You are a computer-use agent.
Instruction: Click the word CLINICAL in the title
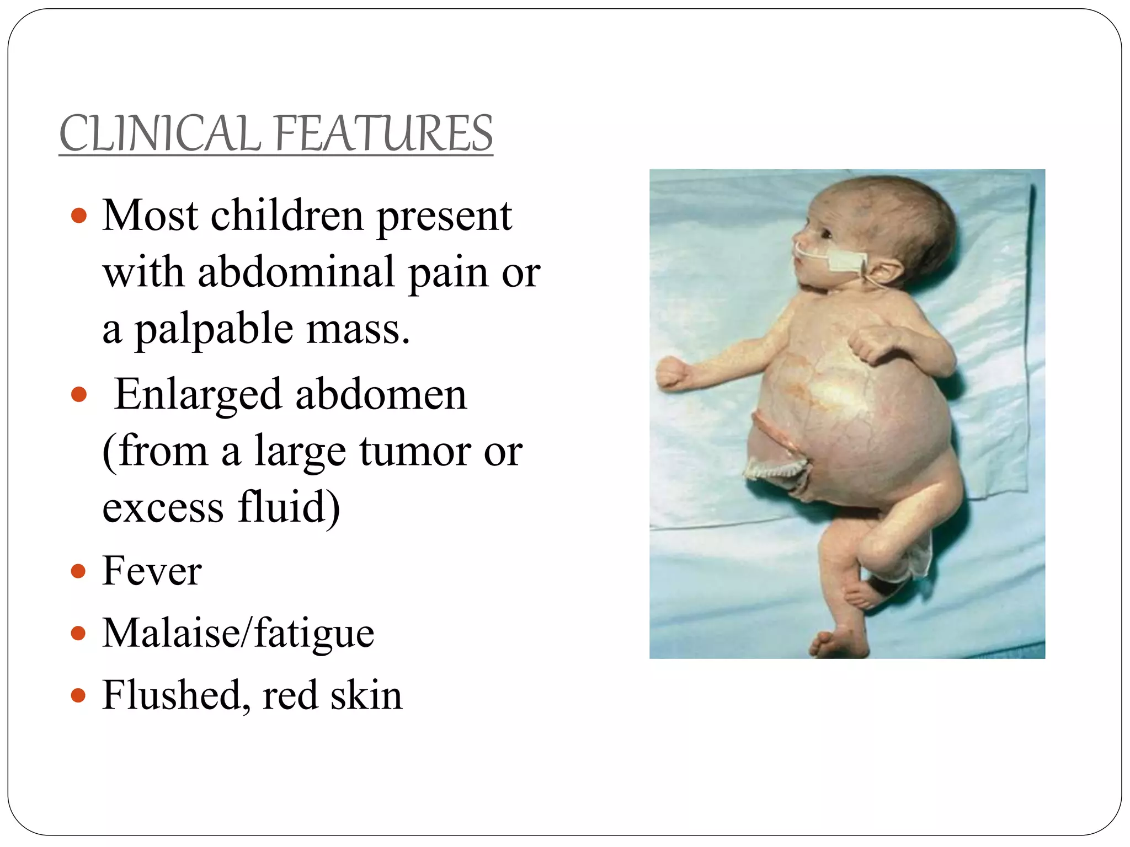tap(159, 133)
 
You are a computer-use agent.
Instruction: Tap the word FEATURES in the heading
tap(382, 133)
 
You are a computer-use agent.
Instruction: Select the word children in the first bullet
tap(287, 216)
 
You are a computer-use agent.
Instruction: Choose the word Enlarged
tap(198, 395)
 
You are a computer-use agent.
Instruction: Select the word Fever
tap(152, 571)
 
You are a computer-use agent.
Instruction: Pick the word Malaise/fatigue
tap(238, 633)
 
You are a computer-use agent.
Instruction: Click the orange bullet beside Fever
tap(79, 572)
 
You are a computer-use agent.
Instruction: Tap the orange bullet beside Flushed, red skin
tap(79, 696)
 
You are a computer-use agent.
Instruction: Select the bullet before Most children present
tap(79, 216)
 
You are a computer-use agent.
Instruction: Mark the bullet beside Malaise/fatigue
tap(79, 634)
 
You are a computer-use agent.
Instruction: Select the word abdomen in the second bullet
tap(381, 395)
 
